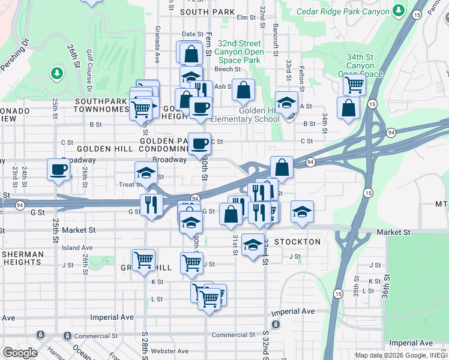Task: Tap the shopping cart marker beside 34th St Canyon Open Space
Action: (x=355, y=85)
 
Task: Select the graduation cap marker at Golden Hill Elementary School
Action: (x=287, y=102)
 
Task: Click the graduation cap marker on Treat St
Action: (x=146, y=173)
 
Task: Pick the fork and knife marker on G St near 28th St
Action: (x=151, y=205)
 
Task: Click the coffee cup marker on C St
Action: (x=200, y=143)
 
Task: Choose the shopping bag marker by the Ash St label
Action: (x=244, y=90)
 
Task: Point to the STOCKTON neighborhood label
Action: (x=297, y=242)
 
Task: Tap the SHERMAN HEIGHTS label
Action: (x=22, y=259)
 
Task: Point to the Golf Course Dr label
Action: (x=88, y=70)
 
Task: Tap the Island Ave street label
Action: (x=77, y=247)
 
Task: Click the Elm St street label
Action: (x=246, y=17)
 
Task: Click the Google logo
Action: (x=19, y=353)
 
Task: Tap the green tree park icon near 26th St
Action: (x=57, y=73)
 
